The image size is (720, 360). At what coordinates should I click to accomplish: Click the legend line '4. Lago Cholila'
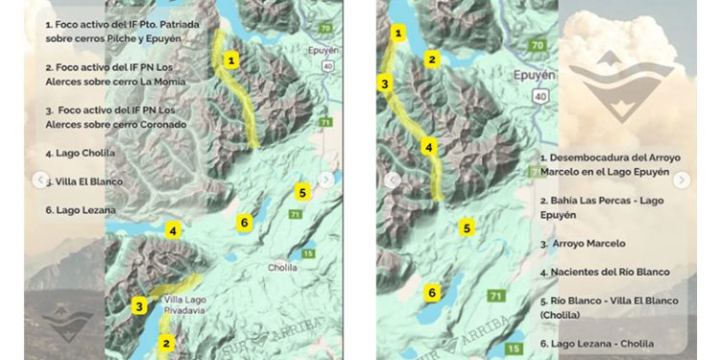80,153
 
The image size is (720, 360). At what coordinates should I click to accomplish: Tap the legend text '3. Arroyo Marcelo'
582,244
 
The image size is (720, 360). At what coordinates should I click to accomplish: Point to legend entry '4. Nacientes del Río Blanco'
604,272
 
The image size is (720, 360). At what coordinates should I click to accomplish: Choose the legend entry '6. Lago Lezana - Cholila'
596,344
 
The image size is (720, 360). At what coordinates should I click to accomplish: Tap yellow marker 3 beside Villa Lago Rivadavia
139,307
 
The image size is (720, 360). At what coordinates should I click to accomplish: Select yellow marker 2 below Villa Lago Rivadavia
166,343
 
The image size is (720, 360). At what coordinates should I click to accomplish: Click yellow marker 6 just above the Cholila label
244,223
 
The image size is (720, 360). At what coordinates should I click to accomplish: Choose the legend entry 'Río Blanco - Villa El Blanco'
601,307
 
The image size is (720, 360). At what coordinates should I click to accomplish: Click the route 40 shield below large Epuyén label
541,98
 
